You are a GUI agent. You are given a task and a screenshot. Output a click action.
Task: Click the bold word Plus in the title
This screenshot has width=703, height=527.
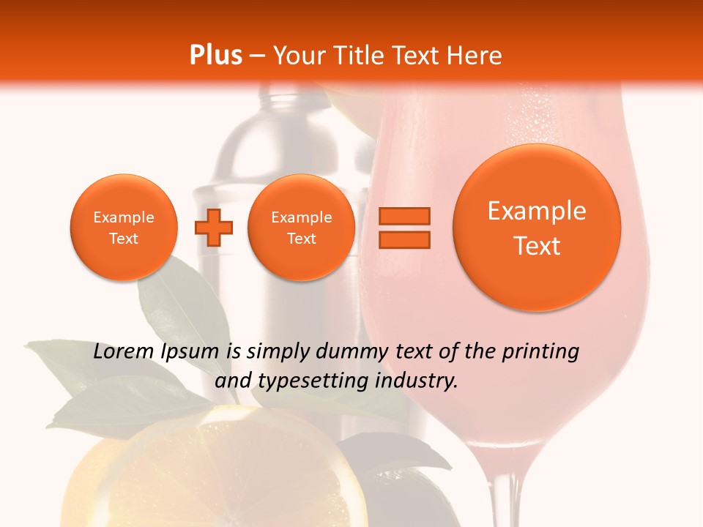pos(215,56)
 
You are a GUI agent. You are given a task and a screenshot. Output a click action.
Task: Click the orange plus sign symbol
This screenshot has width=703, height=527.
pos(214,228)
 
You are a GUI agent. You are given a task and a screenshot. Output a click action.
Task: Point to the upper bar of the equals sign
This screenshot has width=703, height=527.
pos(404,216)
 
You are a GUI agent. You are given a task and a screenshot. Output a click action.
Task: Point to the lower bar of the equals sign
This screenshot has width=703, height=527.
pos(404,239)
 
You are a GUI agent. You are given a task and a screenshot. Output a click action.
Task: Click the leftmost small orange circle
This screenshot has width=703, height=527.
pos(124,227)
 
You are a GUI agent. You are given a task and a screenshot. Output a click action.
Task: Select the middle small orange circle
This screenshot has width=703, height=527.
pos(302,227)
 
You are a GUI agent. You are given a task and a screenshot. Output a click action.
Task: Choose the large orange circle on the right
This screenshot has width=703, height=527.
pos(537,227)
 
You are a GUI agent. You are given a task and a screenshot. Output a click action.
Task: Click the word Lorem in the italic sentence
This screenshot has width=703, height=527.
pos(124,351)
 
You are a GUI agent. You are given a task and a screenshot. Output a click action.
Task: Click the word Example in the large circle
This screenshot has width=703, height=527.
pos(537,211)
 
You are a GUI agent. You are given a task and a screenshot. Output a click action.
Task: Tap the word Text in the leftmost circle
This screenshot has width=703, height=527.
pos(124,239)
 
